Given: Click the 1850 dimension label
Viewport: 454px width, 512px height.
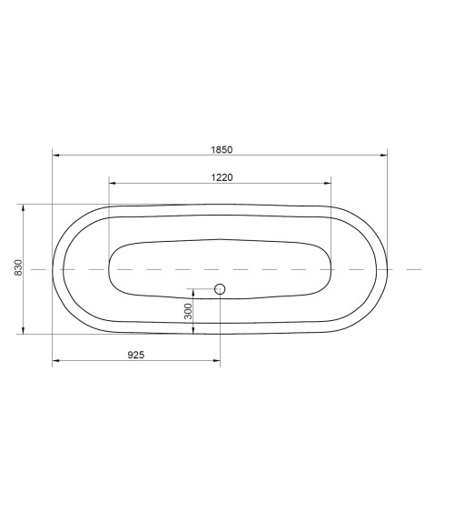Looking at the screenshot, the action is (x=222, y=150).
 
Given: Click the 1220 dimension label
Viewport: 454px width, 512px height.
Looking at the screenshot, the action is (x=222, y=177).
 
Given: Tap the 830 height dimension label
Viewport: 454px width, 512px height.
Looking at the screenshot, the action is (x=18, y=267).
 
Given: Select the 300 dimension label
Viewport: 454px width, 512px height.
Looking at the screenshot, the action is (x=188, y=311).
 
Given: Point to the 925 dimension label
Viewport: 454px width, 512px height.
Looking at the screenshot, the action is (x=135, y=355).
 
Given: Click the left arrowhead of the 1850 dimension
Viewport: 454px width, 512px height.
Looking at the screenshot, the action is (x=56, y=156).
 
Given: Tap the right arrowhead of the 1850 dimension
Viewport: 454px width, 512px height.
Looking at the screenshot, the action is (x=383, y=156).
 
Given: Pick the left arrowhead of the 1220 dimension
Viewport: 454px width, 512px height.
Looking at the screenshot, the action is (x=113, y=183).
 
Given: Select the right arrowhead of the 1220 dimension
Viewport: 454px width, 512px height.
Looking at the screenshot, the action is (x=327, y=183).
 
